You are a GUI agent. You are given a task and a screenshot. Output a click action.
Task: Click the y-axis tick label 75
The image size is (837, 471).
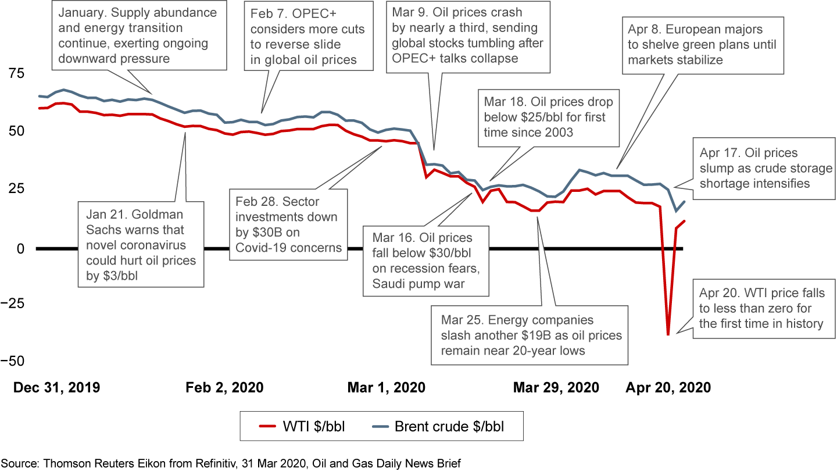[x=16, y=73]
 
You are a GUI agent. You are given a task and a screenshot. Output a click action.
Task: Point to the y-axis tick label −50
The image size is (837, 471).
[x=13, y=361]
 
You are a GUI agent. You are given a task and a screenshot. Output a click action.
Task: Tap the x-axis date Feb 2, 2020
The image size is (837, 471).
[x=224, y=387]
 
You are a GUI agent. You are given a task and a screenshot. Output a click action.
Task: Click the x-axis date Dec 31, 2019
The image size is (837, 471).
[x=57, y=387]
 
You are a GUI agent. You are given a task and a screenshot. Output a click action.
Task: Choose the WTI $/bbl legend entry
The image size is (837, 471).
[x=302, y=426]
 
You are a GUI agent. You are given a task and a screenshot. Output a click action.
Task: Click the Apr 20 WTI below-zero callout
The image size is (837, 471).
[x=761, y=308]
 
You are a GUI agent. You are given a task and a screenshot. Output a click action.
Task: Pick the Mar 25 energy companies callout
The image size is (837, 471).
[x=530, y=336]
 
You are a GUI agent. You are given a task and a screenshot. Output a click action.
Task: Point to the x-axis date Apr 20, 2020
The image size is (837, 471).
[x=668, y=387]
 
